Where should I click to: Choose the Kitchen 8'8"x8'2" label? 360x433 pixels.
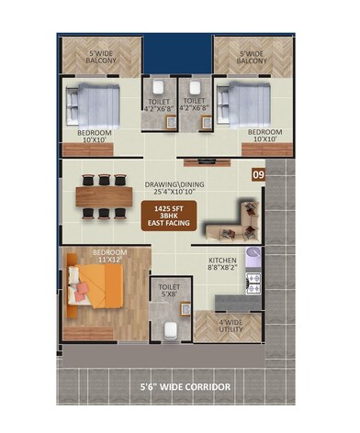coord(223,264)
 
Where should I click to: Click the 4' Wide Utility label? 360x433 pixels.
coord(229,325)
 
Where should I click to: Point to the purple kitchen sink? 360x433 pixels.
coord(253,259)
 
